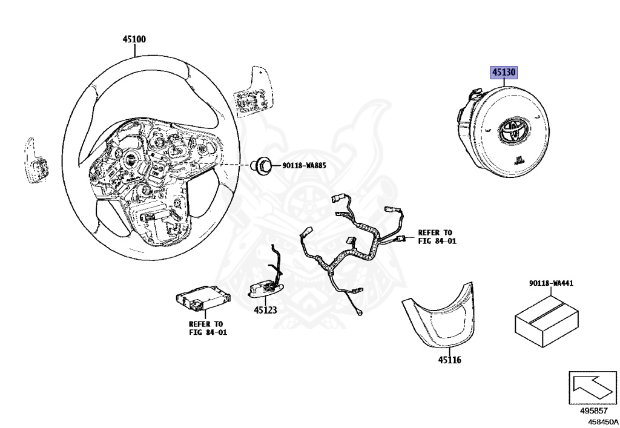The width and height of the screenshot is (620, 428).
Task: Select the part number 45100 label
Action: point(134,39)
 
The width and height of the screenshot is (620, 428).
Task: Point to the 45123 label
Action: point(265,309)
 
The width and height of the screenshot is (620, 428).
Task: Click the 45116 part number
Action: point(450,360)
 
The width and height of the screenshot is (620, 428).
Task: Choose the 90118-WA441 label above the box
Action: point(551,283)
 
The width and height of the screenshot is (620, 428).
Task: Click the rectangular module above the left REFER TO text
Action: point(203,297)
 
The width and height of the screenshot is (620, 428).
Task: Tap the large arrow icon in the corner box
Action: point(591,387)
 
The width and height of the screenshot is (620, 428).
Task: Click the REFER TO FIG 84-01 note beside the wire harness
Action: point(435,237)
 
